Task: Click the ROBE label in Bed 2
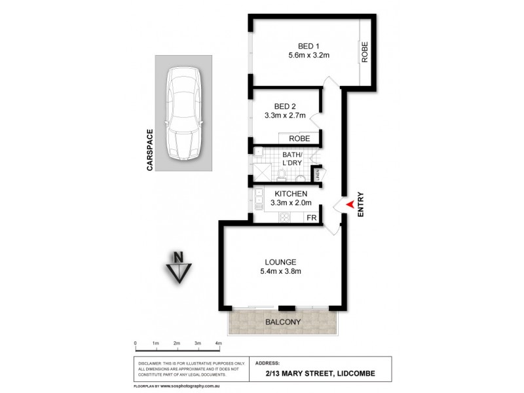point(299,138)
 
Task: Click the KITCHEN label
point(291,194)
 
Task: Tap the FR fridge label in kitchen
point(312,217)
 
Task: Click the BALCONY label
point(282,322)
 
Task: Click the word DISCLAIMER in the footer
point(149,362)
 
